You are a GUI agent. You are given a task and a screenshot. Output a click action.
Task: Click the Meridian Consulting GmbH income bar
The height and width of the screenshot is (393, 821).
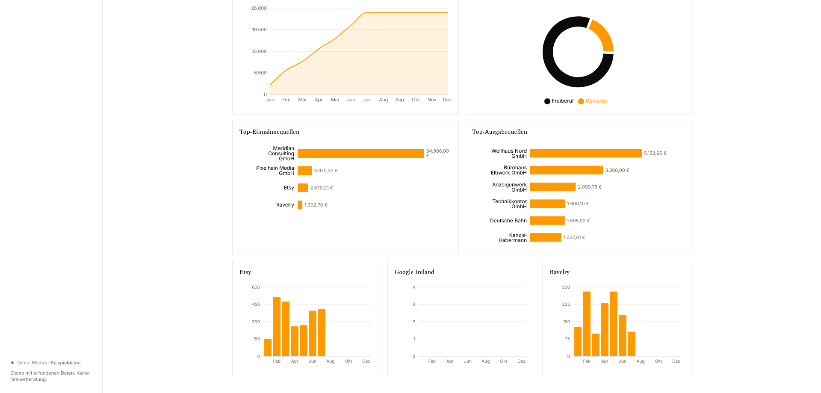click(360, 154)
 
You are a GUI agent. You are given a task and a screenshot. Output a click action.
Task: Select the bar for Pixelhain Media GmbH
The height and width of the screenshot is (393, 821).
click(305, 171)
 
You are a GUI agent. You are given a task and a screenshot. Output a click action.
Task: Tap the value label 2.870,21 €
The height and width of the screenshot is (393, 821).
click(322, 188)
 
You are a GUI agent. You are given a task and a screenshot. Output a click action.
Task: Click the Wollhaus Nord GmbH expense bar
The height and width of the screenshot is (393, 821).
click(586, 153)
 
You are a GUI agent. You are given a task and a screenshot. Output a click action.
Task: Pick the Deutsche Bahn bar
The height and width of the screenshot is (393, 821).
click(547, 221)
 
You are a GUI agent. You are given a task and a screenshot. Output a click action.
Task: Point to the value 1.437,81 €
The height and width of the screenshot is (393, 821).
click(574, 237)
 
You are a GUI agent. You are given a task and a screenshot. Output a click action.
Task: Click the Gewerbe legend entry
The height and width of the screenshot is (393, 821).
click(593, 101)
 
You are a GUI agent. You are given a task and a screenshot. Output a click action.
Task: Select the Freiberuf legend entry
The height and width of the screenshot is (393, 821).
click(559, 101)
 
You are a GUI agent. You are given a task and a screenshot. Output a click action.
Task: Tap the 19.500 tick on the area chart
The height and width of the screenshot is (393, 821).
click(259, 30)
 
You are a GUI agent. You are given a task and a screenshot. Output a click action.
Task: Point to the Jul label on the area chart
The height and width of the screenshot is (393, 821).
click(367, 100)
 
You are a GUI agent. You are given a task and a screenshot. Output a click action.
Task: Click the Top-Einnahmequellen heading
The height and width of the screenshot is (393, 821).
click(269, 132)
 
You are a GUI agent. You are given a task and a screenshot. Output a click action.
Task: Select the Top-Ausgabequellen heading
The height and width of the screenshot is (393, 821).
click(499, 132)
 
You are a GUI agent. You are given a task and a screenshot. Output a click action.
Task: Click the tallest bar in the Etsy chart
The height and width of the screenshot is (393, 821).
click(277, 326)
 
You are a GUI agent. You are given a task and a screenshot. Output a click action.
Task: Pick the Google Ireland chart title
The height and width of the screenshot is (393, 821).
click(414, 272)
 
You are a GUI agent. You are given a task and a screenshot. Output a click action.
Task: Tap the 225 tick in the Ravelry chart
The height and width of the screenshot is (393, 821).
click(566, 304)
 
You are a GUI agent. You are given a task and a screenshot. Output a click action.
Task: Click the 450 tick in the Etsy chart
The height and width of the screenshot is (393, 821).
click(256, 304)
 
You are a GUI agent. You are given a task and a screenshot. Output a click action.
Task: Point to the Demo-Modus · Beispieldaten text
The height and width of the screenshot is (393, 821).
click(48, 363)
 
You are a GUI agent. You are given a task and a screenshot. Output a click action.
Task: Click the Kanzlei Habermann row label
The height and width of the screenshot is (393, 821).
click(513, 238)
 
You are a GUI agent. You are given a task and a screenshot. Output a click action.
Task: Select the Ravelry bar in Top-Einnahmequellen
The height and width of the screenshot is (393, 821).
click(300, 205)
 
